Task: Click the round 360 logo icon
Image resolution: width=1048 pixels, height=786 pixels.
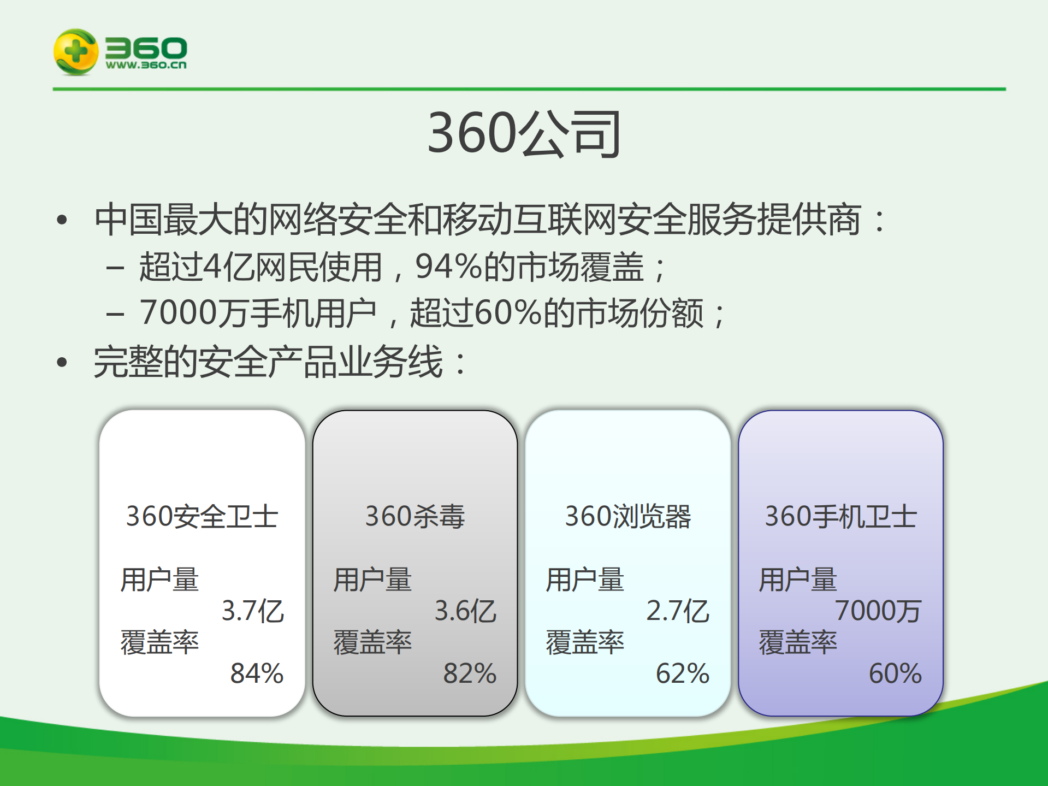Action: tap(76, 52)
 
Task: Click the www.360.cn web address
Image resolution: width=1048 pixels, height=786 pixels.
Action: tap(146, 65)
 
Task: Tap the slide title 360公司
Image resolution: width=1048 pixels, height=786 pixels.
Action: tap(524, 133)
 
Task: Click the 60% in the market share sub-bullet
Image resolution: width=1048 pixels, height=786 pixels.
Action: tap(508, 313)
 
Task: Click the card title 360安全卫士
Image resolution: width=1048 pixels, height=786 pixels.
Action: tap(202, 516)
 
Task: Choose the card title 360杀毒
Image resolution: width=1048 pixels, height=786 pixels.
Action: tap(415, 516)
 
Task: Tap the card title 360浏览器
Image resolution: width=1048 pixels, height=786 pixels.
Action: tap(628, 516)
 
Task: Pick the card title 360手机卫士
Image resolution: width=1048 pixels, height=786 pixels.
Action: tap(840, 516)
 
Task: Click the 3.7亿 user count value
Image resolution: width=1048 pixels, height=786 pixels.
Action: tap(253, 611)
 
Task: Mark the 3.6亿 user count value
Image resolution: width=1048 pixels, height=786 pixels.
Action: tap(465, 611)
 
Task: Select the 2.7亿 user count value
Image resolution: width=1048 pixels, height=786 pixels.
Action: tap(678, 611)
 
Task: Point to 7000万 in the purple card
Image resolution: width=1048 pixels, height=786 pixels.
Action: tap(878, 611)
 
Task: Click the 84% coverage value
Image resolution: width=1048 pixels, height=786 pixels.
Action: tap(257, 673)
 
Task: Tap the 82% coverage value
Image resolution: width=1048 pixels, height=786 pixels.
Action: tap(470, 673)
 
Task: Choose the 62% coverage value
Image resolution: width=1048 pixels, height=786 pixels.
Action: tap(682, 673)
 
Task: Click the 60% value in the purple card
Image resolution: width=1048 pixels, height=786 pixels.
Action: tap(895, 673)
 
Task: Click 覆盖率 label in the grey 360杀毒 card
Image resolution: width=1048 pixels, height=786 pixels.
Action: tap(372, 642)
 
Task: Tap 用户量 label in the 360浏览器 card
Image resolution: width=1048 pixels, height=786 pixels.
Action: tap(585, 580)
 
